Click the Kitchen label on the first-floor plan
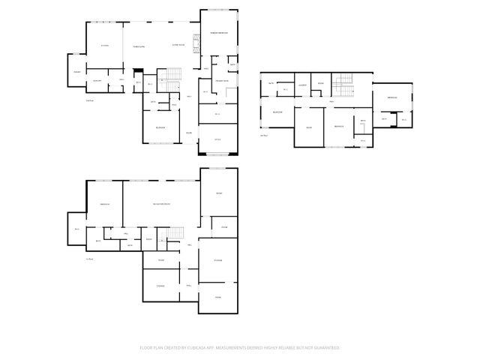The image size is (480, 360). tap(105, 46)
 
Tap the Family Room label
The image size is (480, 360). tap(139, 46)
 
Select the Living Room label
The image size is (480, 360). tap(178, 46)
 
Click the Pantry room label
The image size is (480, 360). tap(76, 71)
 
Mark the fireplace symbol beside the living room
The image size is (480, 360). tap(197, 44)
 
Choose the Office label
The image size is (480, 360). tap(217, 139)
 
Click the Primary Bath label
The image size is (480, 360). tap(222, 80)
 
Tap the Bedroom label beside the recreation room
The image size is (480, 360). tap(105, 204)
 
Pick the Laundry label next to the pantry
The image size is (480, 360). tap(97, 80)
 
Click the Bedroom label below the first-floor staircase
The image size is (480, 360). tap(160, 127)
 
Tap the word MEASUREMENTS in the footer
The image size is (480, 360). tap(246, 348)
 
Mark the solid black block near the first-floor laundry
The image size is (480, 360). tap(137, 71)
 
